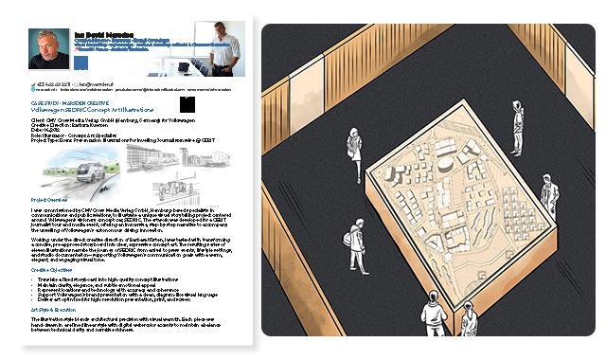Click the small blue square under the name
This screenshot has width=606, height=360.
pyautogui.click(x=81, y=63)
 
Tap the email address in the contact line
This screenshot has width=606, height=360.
pyautogui.click(x=100, y=82)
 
